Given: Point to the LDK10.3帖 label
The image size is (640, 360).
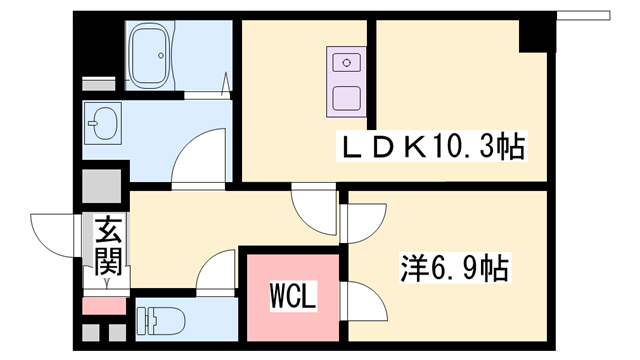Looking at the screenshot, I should (x=434, y=148).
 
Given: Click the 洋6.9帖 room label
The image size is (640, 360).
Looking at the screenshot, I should (x=455, y=267).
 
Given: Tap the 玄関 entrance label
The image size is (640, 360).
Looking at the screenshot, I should (x=109, y=248).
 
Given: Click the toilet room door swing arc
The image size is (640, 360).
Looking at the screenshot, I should (x=215, y=273).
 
